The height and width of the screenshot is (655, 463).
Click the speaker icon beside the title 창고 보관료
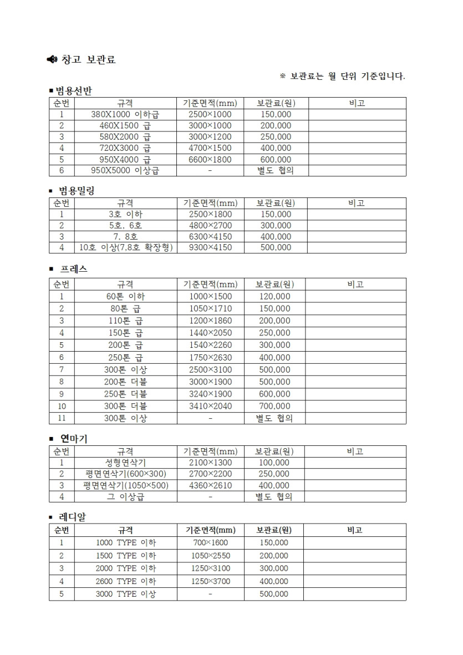pos(52,59)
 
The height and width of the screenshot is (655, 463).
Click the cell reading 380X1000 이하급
pos(125,114)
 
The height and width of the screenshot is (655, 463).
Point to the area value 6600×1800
pos(210,159)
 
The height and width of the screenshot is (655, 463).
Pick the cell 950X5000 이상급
pos(125,171)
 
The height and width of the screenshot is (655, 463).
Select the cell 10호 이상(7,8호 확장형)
pos(125,247)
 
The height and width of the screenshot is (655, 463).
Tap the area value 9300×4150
pos(210,247)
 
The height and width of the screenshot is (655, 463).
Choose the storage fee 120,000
pos(274,296)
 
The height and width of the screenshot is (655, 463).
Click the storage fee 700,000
pos(274,406)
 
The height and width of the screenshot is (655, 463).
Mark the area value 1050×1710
pos(210,308)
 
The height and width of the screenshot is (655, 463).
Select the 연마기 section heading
pos(74,439)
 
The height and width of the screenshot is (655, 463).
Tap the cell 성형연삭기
pos(125,463)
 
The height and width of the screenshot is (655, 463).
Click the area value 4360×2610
pos(210,485)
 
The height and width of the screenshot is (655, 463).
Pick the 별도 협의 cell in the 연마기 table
pos(274,497)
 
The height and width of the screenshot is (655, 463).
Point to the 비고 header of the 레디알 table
pos(354,530)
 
